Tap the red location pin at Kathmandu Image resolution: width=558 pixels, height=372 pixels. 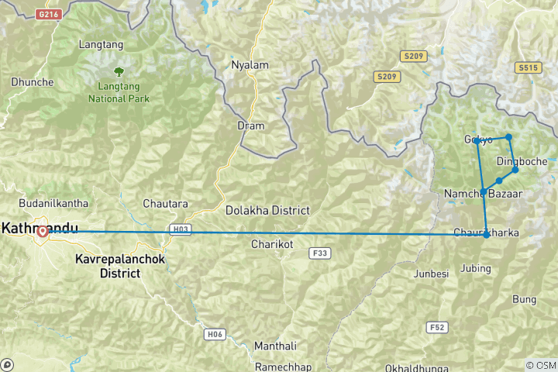click(43, 231)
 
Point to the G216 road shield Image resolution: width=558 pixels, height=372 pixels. click(48, 13)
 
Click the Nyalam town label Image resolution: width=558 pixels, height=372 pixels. click(250, 65)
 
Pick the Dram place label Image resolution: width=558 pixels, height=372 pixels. click(251, 126)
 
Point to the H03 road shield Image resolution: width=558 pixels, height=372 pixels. click(179, 229)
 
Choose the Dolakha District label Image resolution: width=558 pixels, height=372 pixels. click(267, 210)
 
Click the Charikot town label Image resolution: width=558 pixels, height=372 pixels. click(271, 244)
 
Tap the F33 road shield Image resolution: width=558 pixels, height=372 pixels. click(319, 253)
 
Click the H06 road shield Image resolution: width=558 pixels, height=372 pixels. click(215, 334)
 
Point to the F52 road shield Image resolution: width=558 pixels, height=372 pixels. click(437, 328)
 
